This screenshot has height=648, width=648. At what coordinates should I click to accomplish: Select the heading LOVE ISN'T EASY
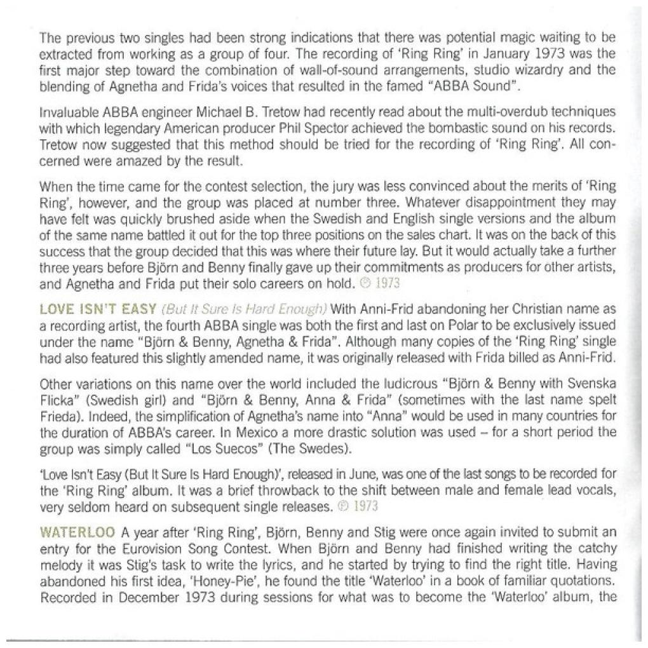coord(98,309)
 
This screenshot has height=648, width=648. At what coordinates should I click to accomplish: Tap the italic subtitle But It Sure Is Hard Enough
coord(245,309)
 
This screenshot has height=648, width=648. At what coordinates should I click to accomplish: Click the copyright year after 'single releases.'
coord(364,506)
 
